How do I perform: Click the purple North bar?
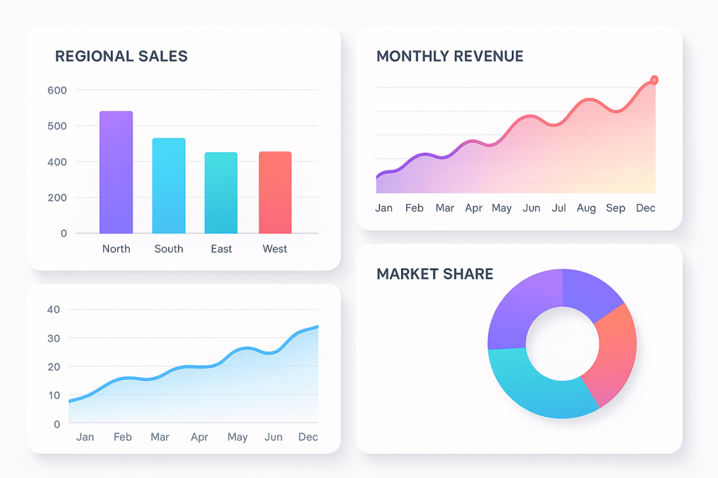tap(116, 172)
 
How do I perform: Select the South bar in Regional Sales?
tap(169, 186)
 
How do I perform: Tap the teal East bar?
tap(221, 193)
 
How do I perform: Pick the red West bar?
tap(275, 192)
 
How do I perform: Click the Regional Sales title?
tap(121, 57)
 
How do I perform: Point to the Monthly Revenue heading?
tap(449, 57)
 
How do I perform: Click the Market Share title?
tap(435, 274)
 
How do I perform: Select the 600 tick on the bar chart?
tap(57, 90)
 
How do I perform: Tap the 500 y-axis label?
tap(57, 126)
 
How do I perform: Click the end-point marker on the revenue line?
tap(654, 80)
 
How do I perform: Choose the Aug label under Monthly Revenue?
tap(586, 208)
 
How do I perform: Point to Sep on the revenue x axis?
tap(616, 208)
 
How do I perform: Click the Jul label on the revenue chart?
tap(559, 208)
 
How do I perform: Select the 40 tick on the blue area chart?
tap(54, 310)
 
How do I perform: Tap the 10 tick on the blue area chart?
tap(54, 395)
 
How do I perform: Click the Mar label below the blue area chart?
tap(160, 437)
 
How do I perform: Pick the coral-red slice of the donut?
tap(610, 350)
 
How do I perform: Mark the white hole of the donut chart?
tap(562, 343)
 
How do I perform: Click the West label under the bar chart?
tap(275, 249)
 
